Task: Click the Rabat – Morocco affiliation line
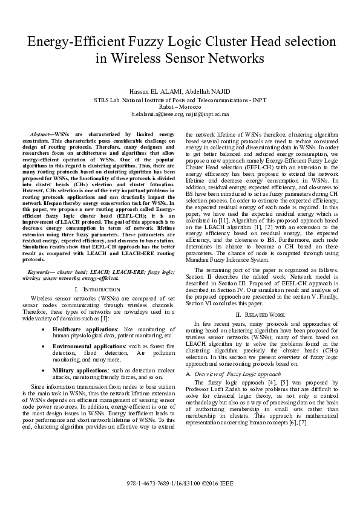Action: coord(180,106)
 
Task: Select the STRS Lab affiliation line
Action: coord(180,99)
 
